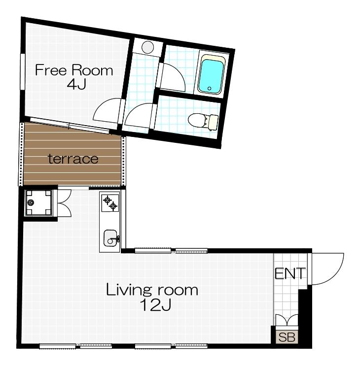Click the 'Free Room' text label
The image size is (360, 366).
(74, 70)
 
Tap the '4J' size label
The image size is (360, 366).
(76, 84)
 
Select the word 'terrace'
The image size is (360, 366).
(72, 159)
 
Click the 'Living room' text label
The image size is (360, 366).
(152, 290)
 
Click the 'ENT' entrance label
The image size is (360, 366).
(290, 273)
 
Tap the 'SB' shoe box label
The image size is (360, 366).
(286, 338)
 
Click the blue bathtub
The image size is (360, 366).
(211, 75)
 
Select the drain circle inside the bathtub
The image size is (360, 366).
(209, 89)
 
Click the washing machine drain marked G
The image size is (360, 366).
(32, 202)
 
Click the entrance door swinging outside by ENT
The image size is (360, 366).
(327, 268)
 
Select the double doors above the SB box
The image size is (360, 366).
(286, 320)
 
